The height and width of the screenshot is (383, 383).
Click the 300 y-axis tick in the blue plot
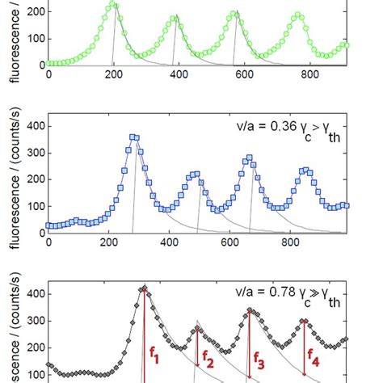[x=32, y=154]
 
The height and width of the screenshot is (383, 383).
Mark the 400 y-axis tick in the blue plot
[x=32, y=127]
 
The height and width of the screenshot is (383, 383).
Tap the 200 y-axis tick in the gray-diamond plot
[x=32, y=348]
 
